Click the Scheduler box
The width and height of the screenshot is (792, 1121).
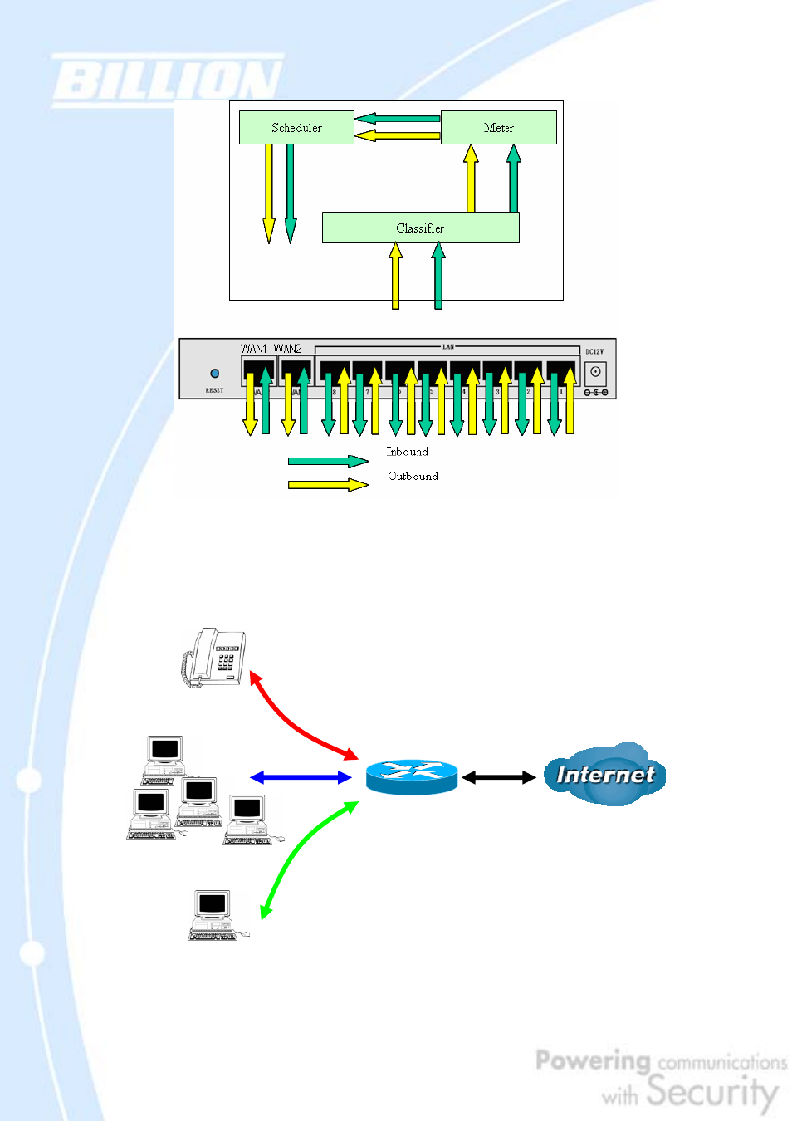coord(296,128)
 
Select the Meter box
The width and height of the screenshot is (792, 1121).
coord(498,128)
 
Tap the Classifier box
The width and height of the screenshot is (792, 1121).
coord(420,228)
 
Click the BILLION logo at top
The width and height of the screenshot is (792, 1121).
coord(167,81)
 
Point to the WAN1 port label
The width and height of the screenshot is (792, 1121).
coord(253,349)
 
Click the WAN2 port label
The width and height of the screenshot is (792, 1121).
coord(288,349)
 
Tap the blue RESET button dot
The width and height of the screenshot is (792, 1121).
coord(215,374)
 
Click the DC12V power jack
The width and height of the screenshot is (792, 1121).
coord(595,372)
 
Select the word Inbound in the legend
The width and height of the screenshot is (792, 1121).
coord(408,452)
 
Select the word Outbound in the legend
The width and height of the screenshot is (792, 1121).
coord(413,476)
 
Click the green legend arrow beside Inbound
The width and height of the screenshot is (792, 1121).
coord(328,461)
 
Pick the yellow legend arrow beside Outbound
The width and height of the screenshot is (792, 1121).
coord(328,484)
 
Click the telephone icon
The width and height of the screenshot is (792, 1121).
coord(214,657)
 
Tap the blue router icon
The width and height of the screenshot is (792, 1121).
coord(412,777)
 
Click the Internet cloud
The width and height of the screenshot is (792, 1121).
coord(605,774)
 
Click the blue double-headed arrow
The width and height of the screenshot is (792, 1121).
coord(301,777)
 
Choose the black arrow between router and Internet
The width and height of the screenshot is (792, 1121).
coord(499,777)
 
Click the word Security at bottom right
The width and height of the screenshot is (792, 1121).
coord(712,1091)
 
